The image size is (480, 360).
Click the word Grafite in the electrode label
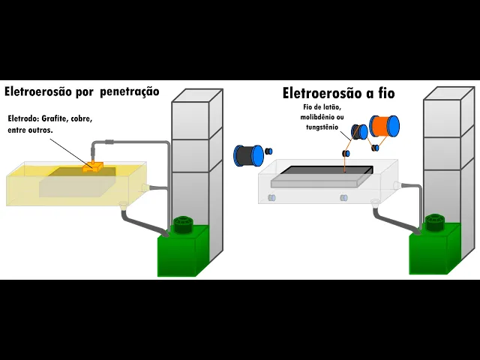55,118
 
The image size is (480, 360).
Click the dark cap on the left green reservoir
183,224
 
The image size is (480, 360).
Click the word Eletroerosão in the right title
323,94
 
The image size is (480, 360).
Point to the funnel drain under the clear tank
375,202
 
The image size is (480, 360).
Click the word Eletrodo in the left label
21,118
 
